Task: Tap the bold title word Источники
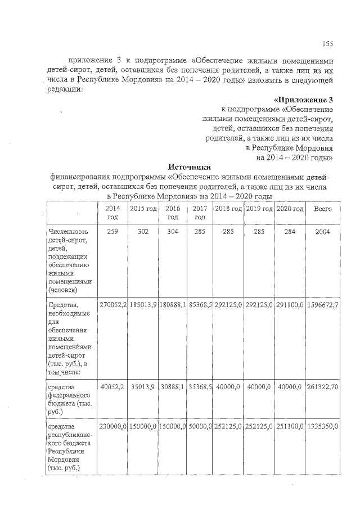pyautogui.click(x=190, y=166)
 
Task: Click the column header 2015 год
pyautogui.click(x=143, y=209)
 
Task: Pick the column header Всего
pyautogui.click(x=323, y=209)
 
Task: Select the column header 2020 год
pyautogui.click(x=290, y=209)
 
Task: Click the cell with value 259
pyautogui.click(x=112, y=232)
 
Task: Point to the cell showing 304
pyautogui.click(x=173, y=232)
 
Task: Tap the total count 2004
pyautogui.click(x=323, y=232)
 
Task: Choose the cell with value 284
pyautogui.click(x=290, y=232)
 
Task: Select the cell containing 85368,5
pyautogui.click(x=200, y=304)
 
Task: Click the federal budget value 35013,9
pyautogui.click(x=143, y=388)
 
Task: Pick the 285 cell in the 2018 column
pyautogui.click(x=228, y=232)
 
